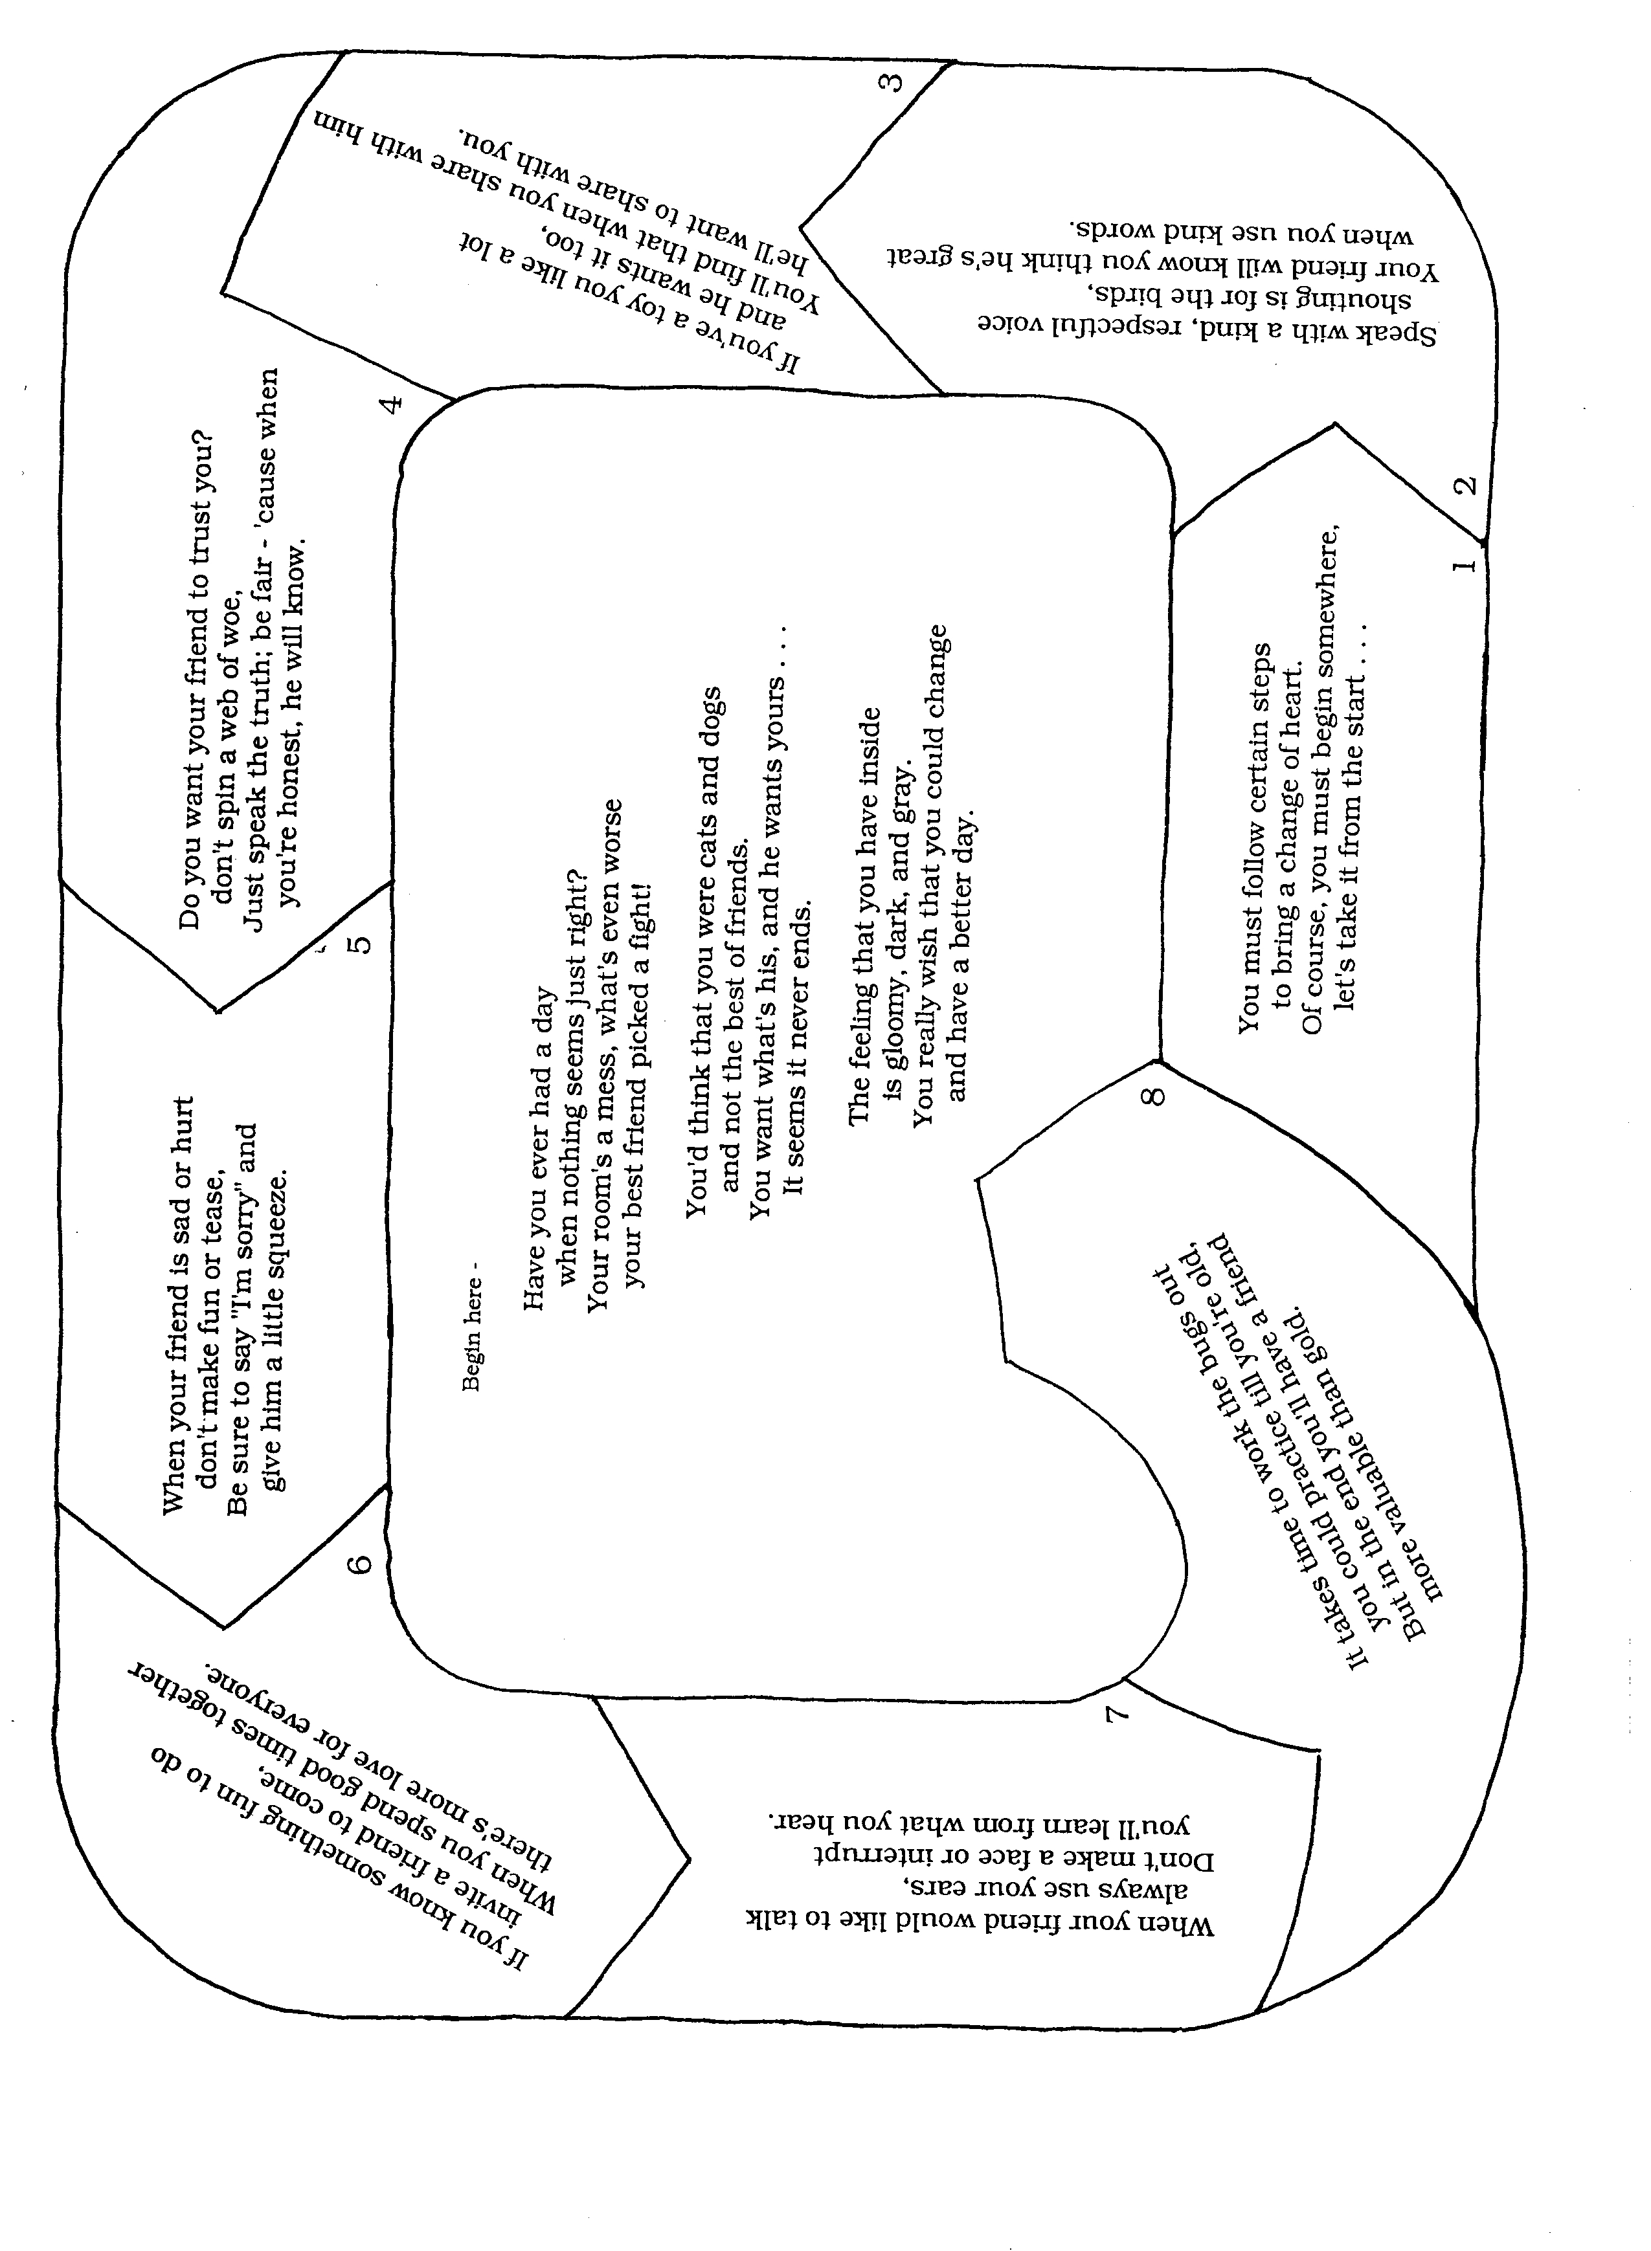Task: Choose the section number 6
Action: [362, 1564]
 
